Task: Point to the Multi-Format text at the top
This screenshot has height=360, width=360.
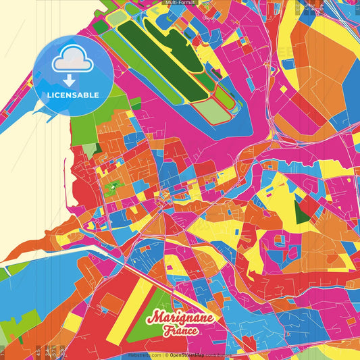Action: [180, 3]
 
